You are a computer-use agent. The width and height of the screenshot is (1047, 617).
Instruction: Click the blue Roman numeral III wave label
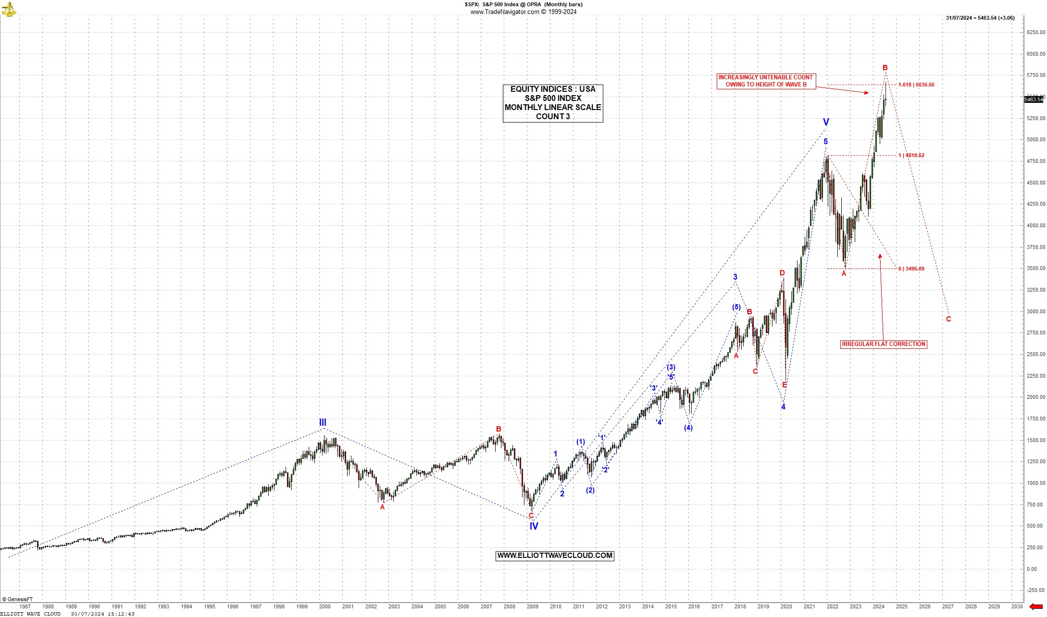(323, 422)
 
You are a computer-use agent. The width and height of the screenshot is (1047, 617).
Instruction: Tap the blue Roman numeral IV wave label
(534, 526)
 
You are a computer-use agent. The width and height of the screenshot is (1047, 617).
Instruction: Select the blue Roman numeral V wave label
(826, 122)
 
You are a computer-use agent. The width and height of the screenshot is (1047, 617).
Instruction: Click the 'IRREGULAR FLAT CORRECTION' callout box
(884, 344)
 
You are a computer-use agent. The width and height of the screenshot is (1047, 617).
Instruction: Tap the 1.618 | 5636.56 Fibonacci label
(916, 85)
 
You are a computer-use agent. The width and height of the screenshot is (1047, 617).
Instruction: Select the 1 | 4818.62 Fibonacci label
(911, 155)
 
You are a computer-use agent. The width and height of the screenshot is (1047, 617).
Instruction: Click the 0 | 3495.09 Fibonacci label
(911, 269)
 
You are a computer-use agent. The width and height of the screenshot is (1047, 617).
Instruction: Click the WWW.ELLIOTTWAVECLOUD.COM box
(555, 555)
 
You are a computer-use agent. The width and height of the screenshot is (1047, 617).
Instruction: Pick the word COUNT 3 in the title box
(553, 116)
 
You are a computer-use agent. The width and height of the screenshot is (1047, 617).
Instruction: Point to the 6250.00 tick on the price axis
(1035, 32)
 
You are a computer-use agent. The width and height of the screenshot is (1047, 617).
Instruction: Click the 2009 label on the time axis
(532, 606)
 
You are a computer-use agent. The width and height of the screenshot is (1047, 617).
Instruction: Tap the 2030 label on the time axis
(1017, 606)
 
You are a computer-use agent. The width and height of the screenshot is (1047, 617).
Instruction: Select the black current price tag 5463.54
(1034, 99)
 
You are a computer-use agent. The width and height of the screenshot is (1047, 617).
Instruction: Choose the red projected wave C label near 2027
(948, 319)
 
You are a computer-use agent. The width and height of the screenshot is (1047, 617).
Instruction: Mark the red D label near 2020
(782, 273)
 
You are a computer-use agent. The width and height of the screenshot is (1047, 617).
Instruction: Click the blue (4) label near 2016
(688, 428)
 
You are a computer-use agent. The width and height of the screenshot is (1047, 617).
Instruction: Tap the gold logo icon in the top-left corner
(9, 9)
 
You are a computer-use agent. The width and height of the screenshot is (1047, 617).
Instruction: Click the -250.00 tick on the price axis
(1035, 590)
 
